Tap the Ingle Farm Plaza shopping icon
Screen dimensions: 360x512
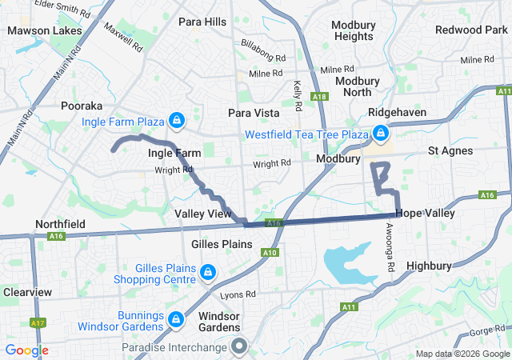pos(177,122)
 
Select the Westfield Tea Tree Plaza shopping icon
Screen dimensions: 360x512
pos(381,133)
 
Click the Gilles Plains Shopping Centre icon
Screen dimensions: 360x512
pos(208,273)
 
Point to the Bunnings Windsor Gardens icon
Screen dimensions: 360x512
pos(174,320)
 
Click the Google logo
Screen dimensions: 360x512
pos(26,350)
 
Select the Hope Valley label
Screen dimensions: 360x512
pos(425,214)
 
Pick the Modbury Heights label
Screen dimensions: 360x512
pos(354,30)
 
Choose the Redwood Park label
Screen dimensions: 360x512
pos(466,30)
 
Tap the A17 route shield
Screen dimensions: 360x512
pos(38,322)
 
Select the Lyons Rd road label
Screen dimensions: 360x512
pos(237,295)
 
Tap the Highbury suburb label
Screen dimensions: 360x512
pos(430,265)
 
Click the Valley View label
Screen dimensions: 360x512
pos(203,214)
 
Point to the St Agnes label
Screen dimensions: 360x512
pos(450,150)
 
